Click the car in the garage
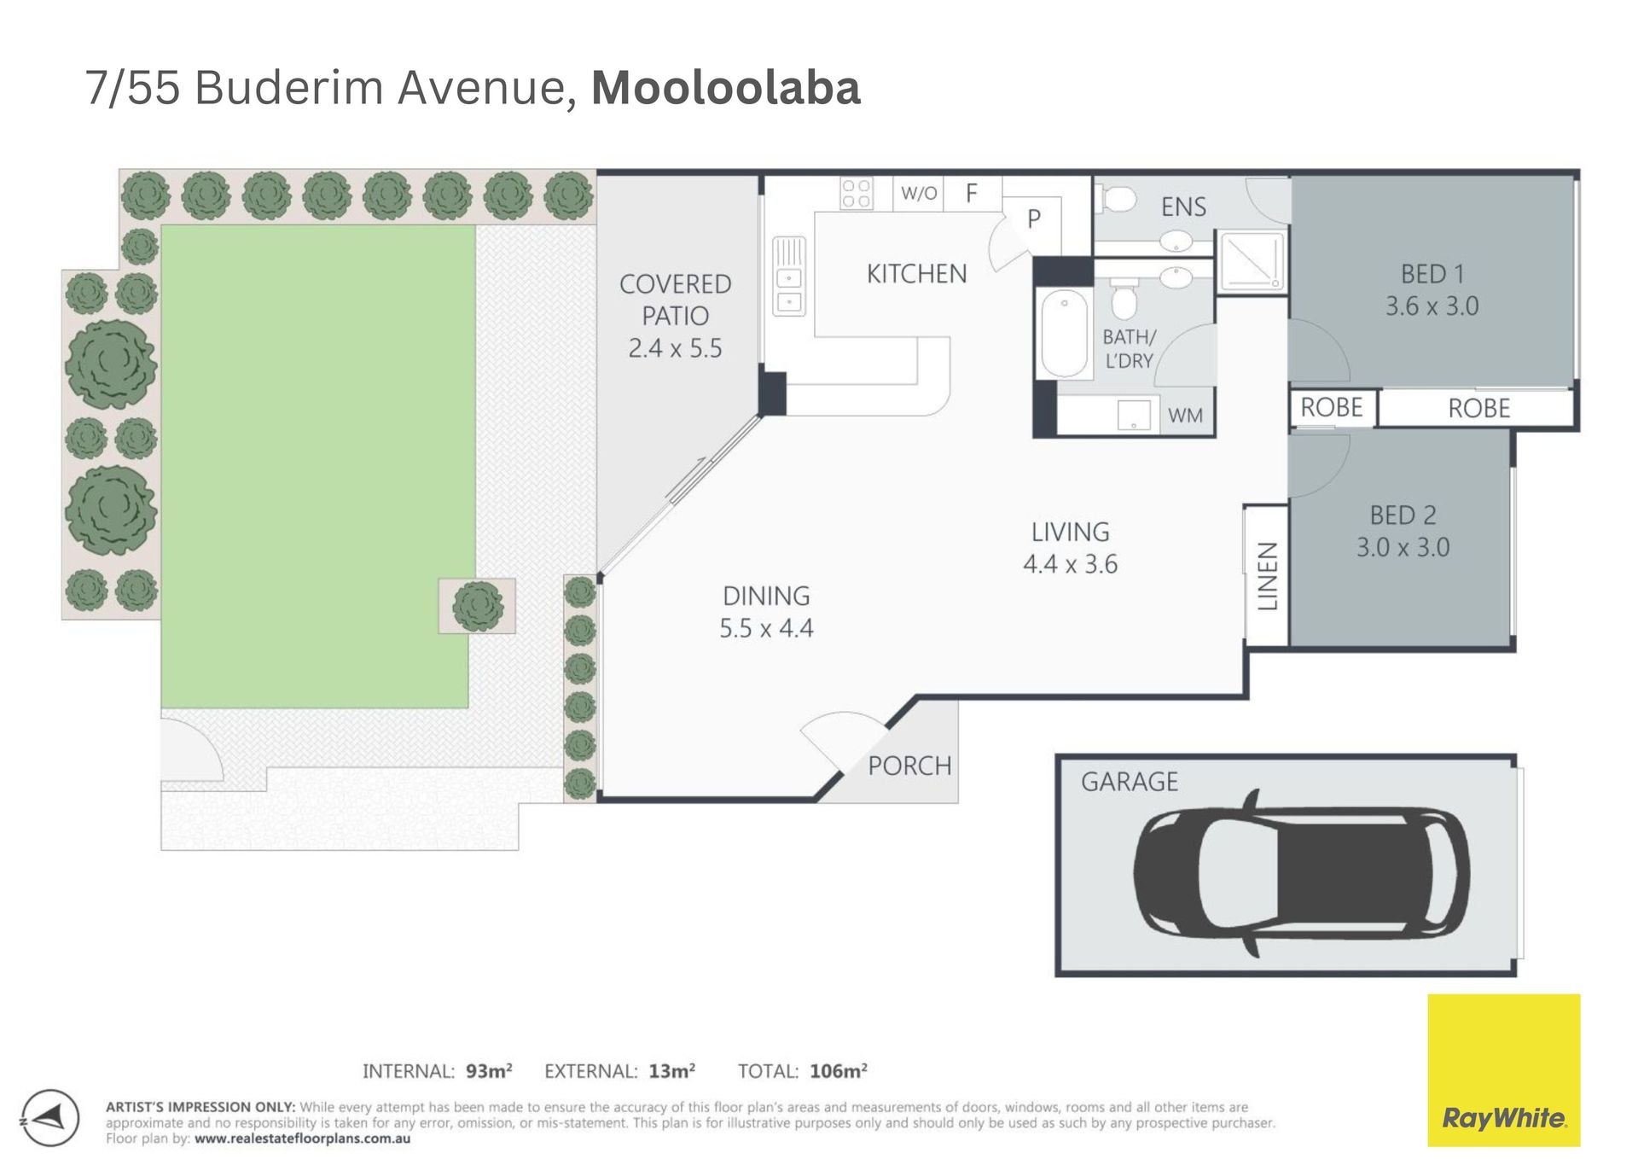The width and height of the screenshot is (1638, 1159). point(1301,873)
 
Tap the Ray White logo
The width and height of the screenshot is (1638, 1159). point(1503,1069)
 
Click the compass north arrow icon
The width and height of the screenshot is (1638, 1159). point(50,1118)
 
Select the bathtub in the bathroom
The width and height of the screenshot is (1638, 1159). point(1064,333)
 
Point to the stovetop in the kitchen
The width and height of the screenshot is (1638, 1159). point(856,193)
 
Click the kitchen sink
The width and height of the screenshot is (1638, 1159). point(789,277)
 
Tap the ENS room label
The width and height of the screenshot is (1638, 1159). point(1183,207)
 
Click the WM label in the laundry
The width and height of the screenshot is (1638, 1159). point(1185,416)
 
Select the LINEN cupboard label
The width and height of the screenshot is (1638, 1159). point(1268,576)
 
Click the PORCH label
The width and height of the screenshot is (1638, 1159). point(909,766)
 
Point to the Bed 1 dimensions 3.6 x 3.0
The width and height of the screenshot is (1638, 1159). point(1432,306)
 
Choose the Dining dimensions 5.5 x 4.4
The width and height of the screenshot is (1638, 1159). point(766,628)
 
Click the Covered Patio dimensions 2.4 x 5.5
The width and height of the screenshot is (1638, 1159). point(675,348)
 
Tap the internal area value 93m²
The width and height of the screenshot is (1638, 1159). point(489,1071)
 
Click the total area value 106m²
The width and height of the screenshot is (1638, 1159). point(839,1071)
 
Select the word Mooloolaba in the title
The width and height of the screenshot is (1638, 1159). point(726,88)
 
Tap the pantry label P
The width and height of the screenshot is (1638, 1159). point(1034,219)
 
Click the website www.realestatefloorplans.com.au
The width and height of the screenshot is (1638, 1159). point(302,1139)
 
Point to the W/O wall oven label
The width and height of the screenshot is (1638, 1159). point(919,193)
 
